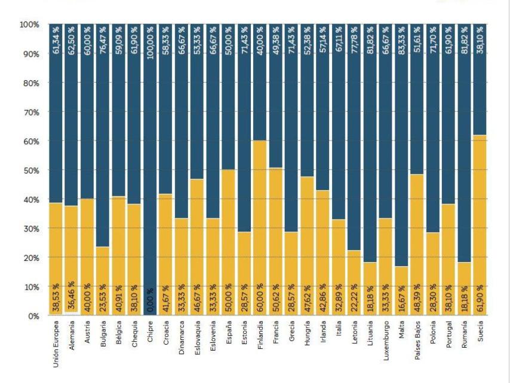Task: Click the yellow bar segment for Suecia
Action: [x=480, y=209]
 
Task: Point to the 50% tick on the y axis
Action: [x=29, y=171]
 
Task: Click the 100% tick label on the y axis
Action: [x=28, y=25]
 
